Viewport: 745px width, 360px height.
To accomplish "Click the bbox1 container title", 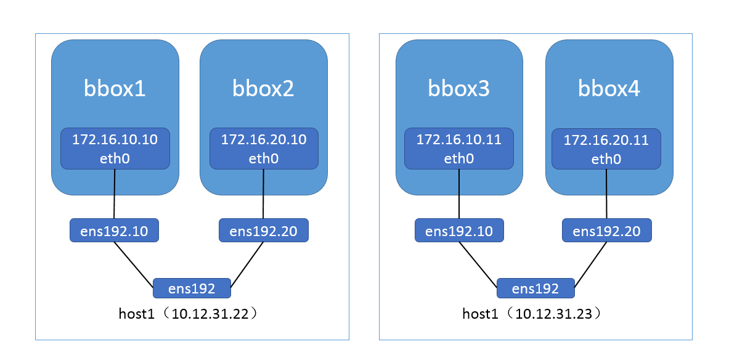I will click(x=115, y=89).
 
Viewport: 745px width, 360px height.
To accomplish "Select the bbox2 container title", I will click(x=263, y=89).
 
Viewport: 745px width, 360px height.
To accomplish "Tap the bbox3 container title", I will click(x=458, y=89).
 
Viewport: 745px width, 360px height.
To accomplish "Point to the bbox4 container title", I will click(x=609, y=89).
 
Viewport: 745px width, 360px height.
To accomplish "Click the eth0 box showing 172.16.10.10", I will click(x=115, y=149).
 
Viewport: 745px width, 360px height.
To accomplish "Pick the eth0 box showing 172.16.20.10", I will click(x=264, y=149).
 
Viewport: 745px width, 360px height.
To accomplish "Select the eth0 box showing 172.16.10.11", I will click(x=458, y=149).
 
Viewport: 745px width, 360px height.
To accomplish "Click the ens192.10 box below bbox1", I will click(x=114, y=231).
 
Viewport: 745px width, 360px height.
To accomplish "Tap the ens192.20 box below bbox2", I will click(x=263, y=231).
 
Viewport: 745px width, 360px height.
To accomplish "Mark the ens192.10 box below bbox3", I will click(x=459, y=231).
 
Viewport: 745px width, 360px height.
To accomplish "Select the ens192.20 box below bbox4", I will click(x=606, y=231).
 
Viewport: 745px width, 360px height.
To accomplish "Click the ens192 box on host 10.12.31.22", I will click(x=192, y=288).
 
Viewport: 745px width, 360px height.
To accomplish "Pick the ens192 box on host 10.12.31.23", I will click(x=535, y=288).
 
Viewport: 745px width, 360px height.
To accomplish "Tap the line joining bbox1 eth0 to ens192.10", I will click(x=115, y=194).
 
